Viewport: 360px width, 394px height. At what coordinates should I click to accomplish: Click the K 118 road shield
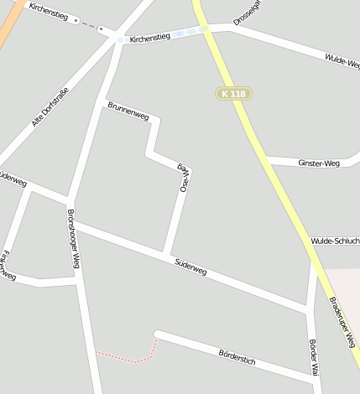tap(232, 94)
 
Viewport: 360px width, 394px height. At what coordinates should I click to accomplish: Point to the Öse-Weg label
tap(184, 178)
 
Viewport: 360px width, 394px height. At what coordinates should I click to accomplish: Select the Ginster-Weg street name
tap(318, 163)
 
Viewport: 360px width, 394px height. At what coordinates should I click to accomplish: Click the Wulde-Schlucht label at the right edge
tap(335, 241)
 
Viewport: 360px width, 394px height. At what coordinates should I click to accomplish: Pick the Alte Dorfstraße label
tap(50, 104)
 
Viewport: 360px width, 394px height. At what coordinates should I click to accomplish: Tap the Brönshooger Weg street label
tap(74, 239)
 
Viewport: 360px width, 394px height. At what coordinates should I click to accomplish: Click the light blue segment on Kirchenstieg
tap(192, 31)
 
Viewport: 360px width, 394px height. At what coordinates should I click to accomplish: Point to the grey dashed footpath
tap(87, 24)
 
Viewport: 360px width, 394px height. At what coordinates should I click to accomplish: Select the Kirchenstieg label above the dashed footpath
tap(47, 9)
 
